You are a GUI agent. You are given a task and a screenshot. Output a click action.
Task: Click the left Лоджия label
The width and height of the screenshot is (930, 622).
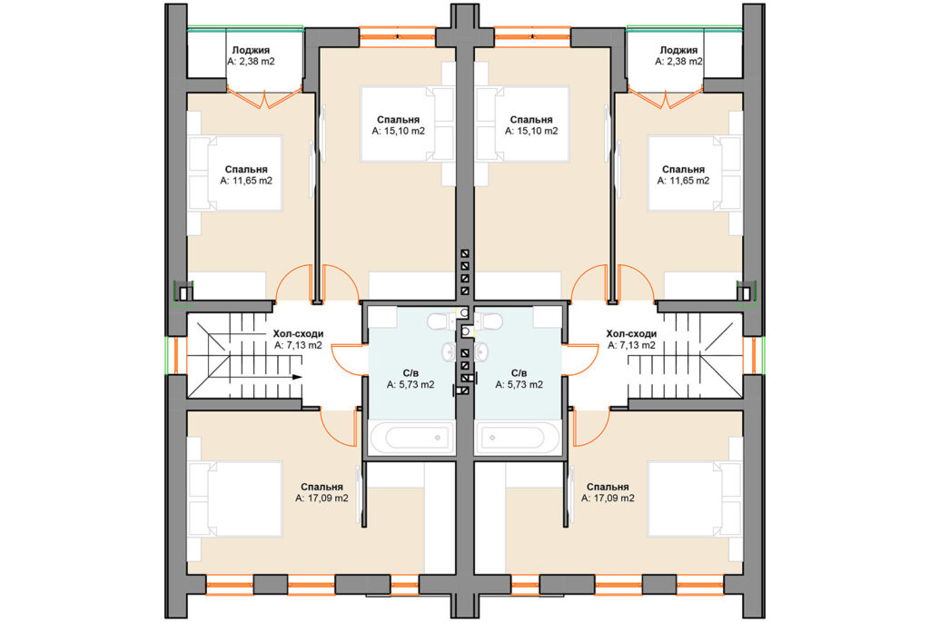(251, 51)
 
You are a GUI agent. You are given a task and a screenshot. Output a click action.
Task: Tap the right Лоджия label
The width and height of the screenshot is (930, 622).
(678, 51)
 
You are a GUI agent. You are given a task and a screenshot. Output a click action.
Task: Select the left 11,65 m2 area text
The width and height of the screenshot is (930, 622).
(246, 181)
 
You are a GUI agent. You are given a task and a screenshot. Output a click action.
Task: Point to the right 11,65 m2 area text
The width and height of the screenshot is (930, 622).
(683, 181)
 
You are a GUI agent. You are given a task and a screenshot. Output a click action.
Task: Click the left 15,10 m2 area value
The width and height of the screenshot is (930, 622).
(399, 131)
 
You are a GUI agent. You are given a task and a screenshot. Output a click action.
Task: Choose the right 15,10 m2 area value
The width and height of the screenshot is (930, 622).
(531, 131)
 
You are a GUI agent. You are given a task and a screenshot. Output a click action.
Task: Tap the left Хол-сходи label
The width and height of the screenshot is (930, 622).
(298, 334)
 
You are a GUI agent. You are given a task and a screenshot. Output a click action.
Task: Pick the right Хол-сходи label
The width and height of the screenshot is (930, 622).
(631, 334)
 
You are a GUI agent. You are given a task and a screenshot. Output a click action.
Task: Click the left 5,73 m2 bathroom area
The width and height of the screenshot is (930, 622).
(411, 385)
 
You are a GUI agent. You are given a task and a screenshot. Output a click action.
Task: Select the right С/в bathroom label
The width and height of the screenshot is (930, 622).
(519, 373)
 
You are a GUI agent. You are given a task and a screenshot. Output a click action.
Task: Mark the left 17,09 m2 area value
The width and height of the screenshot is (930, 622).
(322, 499)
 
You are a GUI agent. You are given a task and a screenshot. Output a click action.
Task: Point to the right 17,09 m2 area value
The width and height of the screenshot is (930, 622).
(608, 499)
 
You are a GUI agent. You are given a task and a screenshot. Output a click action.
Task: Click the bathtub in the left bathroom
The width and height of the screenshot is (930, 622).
(411, 438)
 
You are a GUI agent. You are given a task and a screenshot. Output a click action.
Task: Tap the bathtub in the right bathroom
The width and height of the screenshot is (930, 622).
(518, 438)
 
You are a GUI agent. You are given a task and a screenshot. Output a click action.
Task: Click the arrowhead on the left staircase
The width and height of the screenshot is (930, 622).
(298, 377)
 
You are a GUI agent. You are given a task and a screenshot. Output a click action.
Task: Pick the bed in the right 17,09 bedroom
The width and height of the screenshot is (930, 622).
(695, 499)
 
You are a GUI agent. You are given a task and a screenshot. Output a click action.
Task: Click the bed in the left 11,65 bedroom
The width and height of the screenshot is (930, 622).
(235, 173)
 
